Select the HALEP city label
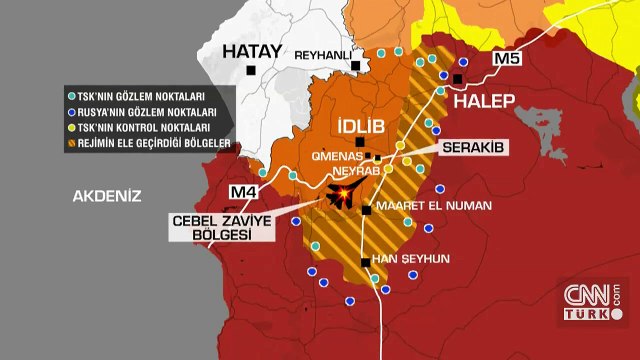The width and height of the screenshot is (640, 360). [x=484, y=101]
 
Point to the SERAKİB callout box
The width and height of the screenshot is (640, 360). [x=474, y=147]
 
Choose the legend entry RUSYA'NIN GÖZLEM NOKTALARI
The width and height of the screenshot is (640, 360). [x=155, y=112]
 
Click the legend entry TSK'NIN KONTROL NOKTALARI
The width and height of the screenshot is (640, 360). [x=150, y=128]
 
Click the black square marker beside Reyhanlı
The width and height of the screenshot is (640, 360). [x=356, y=66]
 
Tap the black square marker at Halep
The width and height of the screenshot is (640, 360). [x=458, y=79]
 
